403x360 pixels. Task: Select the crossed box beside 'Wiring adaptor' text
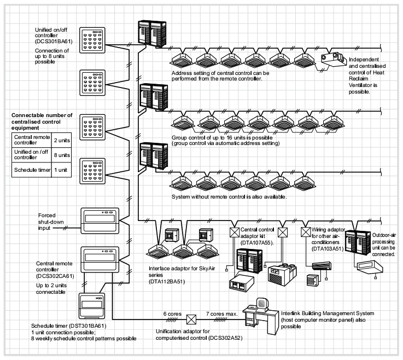(x=306, y=231)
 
